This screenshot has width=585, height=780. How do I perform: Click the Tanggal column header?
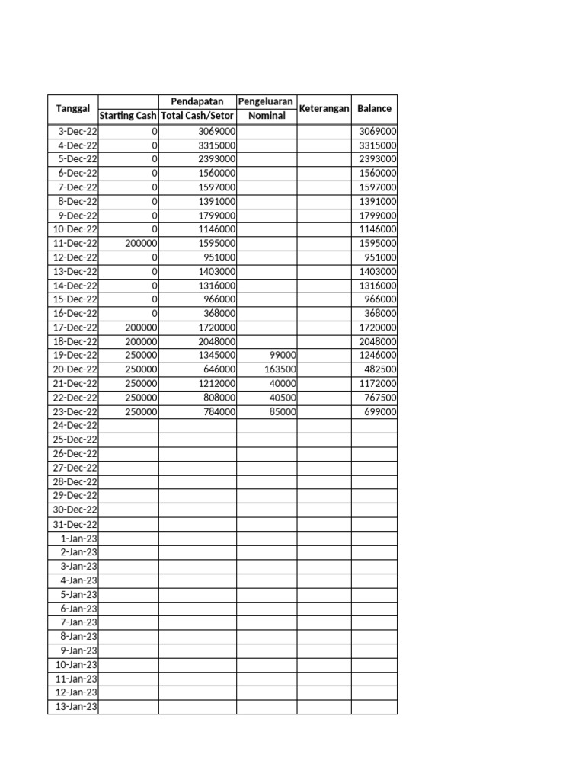point(73,109)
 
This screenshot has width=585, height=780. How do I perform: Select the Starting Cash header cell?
point(128,116)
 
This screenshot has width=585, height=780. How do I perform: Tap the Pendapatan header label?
point(197,101)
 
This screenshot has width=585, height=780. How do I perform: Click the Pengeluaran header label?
point(266,101)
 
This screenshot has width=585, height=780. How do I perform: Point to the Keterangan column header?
point(324,109)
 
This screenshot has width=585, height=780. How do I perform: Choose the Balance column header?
point(374,109)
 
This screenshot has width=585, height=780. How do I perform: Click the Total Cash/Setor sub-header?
point(197,116)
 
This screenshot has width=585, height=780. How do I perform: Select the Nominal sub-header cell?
point(266,116)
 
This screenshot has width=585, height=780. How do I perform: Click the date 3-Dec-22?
point(78,131)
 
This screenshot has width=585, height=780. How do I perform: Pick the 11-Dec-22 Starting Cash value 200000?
point(142,243)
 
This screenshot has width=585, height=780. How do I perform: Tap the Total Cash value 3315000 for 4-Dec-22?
point(216,145)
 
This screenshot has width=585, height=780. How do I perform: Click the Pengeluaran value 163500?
point(280,369)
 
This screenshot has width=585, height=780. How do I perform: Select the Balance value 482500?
point(379,369)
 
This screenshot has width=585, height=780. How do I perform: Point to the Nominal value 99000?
point(283,356)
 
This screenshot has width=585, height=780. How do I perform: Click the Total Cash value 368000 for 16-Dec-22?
point(219,313)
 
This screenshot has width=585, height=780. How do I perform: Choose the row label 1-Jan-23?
point(78,539)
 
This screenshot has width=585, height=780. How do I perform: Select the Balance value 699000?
point(379,411)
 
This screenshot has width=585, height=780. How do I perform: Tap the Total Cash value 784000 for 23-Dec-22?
point(219,411)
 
